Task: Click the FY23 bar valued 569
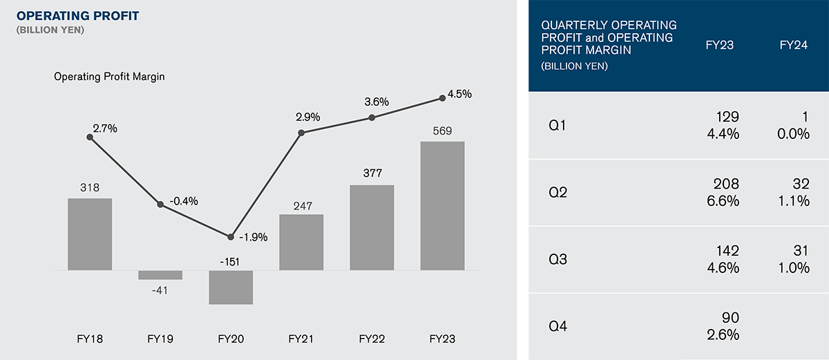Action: (x=442, y=205)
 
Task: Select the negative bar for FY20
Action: (x=231, y=287)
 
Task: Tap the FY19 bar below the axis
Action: (x=160, y=274)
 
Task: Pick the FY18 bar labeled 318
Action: (x=90, y=234)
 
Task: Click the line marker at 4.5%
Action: (x=442, y=99)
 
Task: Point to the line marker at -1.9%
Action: (x=231, y=236)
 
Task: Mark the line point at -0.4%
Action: (x=160, y=205)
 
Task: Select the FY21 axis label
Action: (x=301, y=339)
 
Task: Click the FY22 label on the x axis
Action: (x=372, y=339)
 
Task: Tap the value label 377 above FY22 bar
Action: (x=372, y=173)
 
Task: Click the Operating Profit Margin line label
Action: (x=109, y=77)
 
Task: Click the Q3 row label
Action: (x=554, y=260)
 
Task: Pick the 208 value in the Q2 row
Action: (x=728, y=184)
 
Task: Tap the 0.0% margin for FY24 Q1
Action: (x=794, y=134)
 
